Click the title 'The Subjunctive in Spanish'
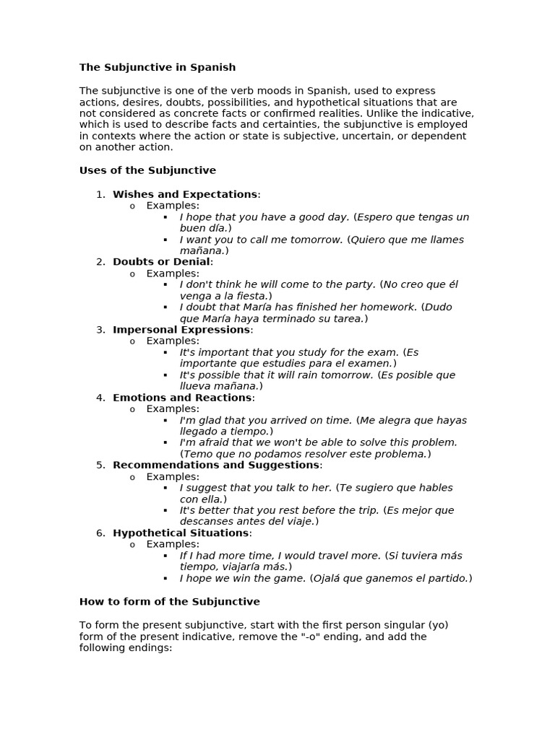click(157, 67)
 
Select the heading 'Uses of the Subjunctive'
click(147, 170)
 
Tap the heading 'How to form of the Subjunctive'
click(169, 601)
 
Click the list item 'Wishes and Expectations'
click(185, 194)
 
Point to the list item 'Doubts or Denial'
click(161, 261)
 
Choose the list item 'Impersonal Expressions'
click(181, 329)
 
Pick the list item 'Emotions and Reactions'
click(182, 397)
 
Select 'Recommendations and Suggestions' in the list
click(216, 465)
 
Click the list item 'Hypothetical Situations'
click(181, 533)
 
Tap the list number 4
click(100, 397)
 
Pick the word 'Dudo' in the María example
click(438, 307)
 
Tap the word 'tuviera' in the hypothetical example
click(420, 556)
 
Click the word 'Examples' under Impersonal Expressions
click(172, 341)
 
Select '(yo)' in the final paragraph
click(438, 624)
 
